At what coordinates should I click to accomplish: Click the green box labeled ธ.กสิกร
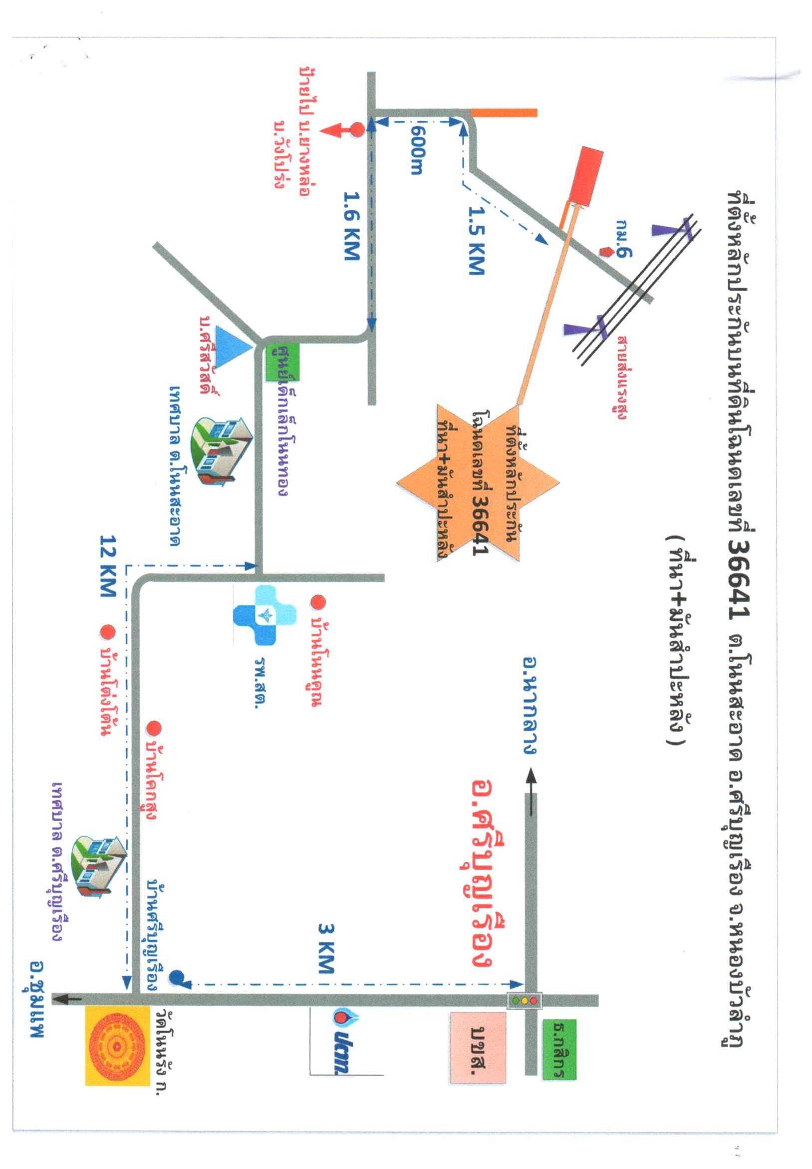click(559, 1048)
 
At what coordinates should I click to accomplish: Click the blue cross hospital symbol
click(265, 615)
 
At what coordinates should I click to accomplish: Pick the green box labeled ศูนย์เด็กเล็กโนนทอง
click(283, 363)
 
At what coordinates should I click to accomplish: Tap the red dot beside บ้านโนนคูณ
click(318, 602)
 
